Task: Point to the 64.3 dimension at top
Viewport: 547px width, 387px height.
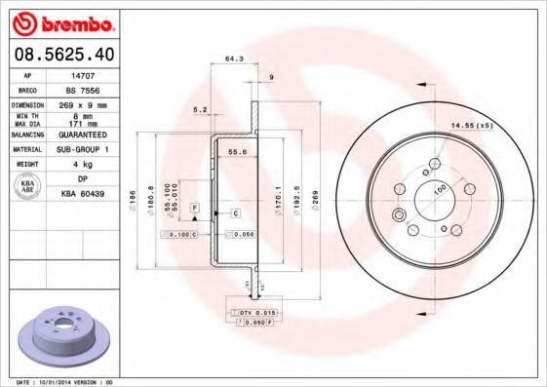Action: coord(234,59)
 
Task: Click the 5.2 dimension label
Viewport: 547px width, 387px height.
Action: coord(202,109)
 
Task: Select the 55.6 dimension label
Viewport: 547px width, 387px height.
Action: coord(235,153)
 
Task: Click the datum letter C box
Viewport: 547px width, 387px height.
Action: coord(236,212)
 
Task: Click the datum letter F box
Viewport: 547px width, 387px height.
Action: coord(195,210)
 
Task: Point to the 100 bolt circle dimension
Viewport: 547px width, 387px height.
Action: coord(438,187)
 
